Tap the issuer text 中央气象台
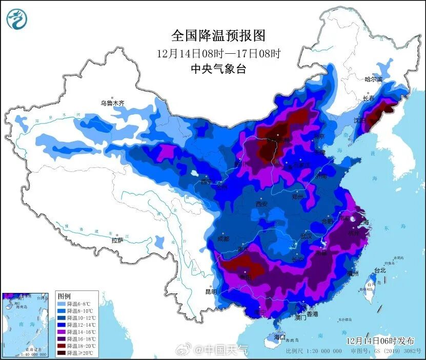click(x=218, y=69)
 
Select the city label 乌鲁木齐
click(x=112, y=103)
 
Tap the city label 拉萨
click(x=117, y=240)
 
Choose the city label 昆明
click(x=211, y=291)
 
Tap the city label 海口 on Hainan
click(x=279, y=337)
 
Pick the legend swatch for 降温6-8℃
click(x=62, y=304)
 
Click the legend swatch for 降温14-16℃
click(x=62, y=332)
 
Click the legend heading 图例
click(x=64, y=297)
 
